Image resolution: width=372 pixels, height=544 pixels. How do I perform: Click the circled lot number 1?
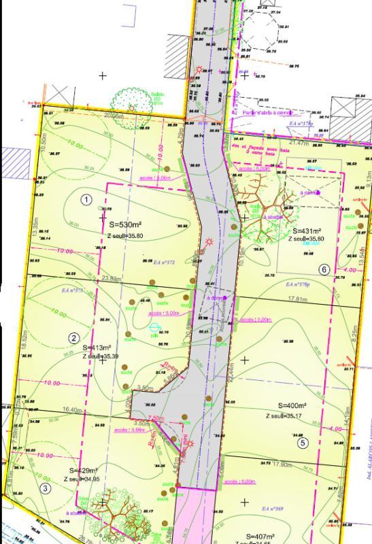(86, 199)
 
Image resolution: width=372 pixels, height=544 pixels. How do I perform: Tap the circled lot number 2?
(75, 338)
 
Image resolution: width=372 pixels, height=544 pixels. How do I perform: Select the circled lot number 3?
(46, 488)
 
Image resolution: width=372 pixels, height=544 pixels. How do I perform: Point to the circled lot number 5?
(303, 443)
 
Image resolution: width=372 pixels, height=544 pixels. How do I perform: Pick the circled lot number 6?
(324, 269)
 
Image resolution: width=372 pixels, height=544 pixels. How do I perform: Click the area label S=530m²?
(124, 224)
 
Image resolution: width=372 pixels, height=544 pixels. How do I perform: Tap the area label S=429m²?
(84, 471)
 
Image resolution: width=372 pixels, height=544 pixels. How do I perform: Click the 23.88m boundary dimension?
(112, 279)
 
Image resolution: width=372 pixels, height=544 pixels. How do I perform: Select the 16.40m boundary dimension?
(71, 410)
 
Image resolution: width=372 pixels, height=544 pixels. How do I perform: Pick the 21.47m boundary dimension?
(300, 143)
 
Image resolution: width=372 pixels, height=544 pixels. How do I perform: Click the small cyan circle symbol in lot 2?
(154, 328)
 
